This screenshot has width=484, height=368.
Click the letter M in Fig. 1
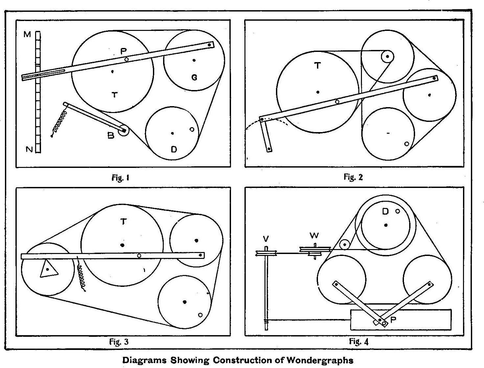[x=27, y=34]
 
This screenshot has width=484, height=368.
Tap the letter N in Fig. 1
[x=29, y=149]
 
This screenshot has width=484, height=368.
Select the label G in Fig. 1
[x=194, y=78]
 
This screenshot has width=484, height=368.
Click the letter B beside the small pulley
[x=111, y=135]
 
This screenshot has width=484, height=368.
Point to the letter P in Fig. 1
[x=123, y=51]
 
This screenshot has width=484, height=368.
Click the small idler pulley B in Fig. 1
[x=124, y=130]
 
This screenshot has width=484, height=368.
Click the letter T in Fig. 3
[x=123, y=222]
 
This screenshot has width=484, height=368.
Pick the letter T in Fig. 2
[x=317, y=66]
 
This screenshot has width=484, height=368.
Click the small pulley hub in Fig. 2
[x=387, y=57]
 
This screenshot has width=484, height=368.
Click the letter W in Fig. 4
[x=314, y=236]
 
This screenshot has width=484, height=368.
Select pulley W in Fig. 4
[x=314, y=252]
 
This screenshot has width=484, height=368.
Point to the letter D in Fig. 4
[x=385, y=212]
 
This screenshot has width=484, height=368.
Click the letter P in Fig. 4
[x=393, y=320]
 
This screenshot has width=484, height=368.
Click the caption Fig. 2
[x=353, y=177]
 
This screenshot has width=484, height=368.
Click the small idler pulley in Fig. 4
[x=345, y=245]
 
